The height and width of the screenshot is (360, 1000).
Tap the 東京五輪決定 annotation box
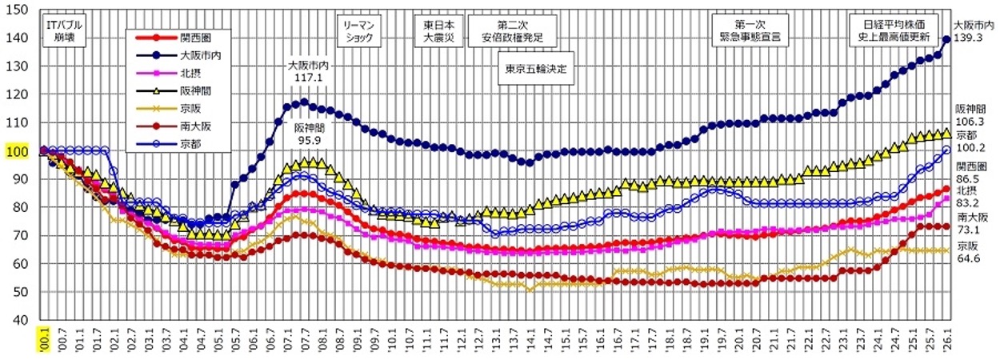pos(537,68)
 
